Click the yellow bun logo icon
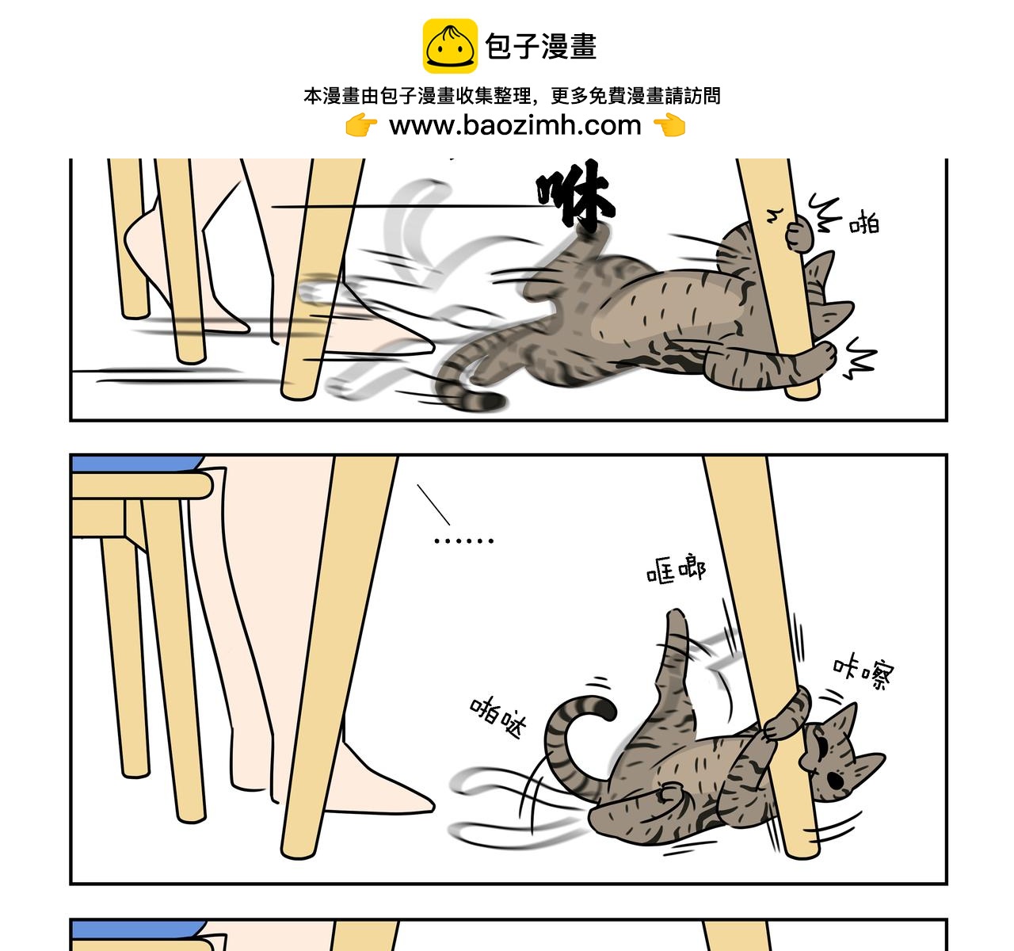pyautogui.click(x=450, y=46)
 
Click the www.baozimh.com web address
pyautogui.click(x=515, y=125)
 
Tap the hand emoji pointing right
pyautogui.click(x=361, y=125)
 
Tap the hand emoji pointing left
pyautogui.click(x=669, y=125)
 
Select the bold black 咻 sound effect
pyautogui.click(x=575, y=194)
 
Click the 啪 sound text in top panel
pyautogui.click(x=864, y=223)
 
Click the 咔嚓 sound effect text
pyautogui.click(x=863, y=673)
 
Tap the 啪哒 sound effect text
pyautogui.click(x=497, y=717)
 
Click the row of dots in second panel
pyautogui.click(x=463, y=540)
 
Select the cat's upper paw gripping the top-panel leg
pyautogui.click(x=798, y=234)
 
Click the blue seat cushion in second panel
pyautogui.click(x=137, y=463)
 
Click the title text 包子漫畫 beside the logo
pyautogui.click(x=541, y=46)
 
